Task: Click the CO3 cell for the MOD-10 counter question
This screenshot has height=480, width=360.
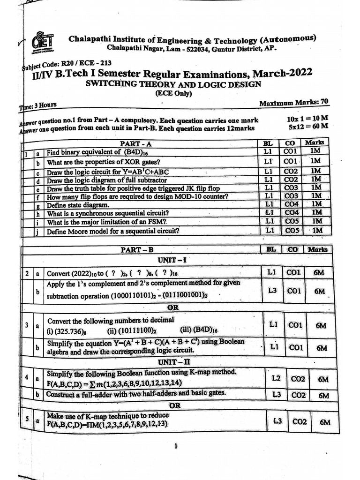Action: (x=291, y=195)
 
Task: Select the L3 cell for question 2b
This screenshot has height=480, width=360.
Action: (x=272, y=291)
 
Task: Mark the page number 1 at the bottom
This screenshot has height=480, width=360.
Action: (x=175, y=446)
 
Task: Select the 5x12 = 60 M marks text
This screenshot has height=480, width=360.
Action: (x=307, y=126)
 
